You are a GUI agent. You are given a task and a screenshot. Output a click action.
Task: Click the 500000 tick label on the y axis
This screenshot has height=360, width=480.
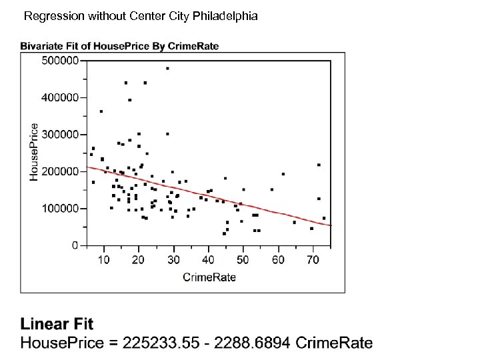click(x=59, y=60)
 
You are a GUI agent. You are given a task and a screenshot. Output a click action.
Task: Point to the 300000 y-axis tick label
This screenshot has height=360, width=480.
click(x=59, y=134)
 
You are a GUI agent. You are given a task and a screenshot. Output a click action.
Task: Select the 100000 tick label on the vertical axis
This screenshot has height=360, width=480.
click(x=59, y=209)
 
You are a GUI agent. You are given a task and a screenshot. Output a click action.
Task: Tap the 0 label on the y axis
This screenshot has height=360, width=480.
click(x=75, y=246)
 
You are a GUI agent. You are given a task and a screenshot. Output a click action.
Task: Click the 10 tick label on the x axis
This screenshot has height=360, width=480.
click(x=104, y=259)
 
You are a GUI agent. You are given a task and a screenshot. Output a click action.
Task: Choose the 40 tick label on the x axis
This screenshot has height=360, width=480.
click(x=208, y=259)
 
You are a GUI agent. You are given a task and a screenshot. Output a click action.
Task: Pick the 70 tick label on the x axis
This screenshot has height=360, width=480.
click(x=312, y=259)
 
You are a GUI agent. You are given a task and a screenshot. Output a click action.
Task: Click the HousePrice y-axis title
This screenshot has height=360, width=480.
click(x=35, y=151)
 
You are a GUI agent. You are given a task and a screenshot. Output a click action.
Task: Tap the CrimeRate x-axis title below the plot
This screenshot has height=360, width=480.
click(x=209, y=277)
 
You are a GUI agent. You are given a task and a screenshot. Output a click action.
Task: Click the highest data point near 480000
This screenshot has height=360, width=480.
click(x=167, y=68)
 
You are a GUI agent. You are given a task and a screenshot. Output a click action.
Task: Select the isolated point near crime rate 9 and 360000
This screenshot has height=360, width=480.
click(x=101, y=111)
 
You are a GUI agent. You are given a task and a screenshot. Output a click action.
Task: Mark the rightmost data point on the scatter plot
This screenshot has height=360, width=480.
click(x=324, y=218)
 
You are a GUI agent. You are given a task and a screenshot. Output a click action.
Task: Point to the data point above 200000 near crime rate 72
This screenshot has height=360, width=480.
click(x=319, y=165)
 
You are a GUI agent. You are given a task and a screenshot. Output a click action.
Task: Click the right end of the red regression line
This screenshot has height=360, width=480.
click(x=331, y=225)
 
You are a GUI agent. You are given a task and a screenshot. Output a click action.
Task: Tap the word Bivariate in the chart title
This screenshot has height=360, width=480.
click(x=41, y=46)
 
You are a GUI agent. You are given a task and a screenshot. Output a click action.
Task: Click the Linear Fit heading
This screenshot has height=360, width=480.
click(x=57, y=325)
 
